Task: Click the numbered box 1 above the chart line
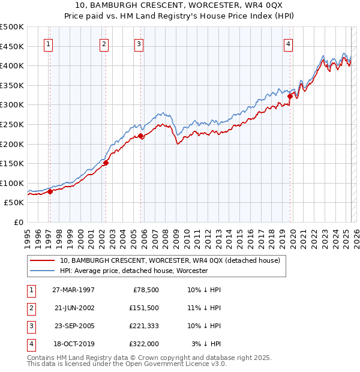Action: (47, 43)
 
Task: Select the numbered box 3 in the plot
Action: (139, 43)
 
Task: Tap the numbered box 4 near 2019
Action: (289, 43)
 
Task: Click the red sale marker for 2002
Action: (106, 162)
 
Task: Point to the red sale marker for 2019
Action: (290, 95)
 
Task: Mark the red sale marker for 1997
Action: (50, 191)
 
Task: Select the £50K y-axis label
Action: (14, 203)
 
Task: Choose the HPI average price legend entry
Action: (134, 271)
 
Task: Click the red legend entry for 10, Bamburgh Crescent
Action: (170, 261)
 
